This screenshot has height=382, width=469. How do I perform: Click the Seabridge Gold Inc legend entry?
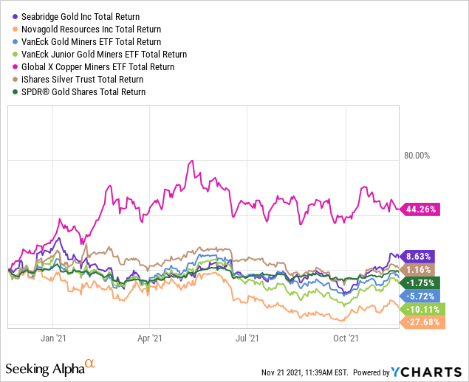click(x=81, y=16)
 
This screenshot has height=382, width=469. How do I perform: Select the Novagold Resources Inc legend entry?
click(x=85, y=29)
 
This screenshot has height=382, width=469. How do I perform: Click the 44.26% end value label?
click(x=420, y=209)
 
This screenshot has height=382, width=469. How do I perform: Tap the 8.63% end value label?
click(x=418, y=257)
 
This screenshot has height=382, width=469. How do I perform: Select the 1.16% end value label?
click(x=418, y=270)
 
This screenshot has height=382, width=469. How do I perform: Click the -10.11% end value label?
click(x=420, y=308)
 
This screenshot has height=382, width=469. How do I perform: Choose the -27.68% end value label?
click(x=420, y=322)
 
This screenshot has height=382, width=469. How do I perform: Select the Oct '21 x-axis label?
click(x=344, y=338)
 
